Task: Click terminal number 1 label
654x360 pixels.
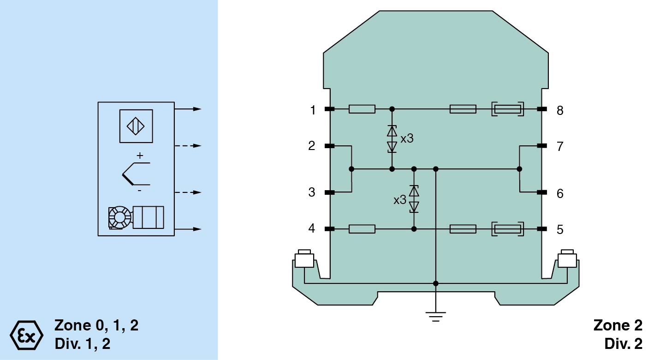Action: click(313, 110)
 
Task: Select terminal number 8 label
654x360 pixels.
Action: click(560, 110)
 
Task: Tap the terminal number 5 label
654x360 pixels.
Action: click(560, 229)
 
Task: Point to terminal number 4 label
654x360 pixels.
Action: click(312, 228)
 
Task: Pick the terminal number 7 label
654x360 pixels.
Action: click(560, 146)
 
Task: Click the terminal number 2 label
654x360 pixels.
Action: click(312, 146)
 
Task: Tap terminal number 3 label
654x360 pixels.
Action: click(312, 192)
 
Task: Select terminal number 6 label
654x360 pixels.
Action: click(560, 193)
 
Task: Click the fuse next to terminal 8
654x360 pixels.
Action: click(507, 109)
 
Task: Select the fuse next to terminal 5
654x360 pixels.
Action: click(507, 229)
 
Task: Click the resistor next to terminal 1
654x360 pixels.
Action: click(362, 109)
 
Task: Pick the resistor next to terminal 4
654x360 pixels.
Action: click(362, 229)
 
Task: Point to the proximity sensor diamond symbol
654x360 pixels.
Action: click(136, 126)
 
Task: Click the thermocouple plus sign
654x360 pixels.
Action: click(140, 156)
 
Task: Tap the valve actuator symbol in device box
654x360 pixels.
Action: click(136, 217)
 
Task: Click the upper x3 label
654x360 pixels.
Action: click(407, 138)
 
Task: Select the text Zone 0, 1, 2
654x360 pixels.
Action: click(96, 325)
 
